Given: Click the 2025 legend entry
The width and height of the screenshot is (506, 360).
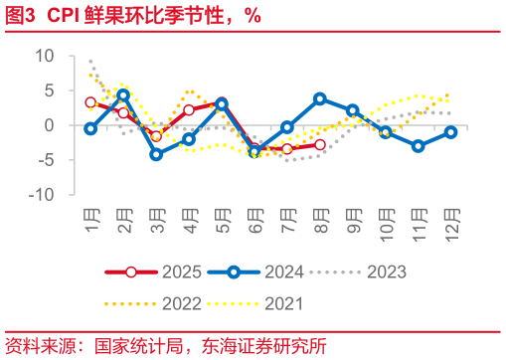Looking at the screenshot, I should tap(159, 270).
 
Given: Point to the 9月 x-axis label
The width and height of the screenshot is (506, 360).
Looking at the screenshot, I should tap(352, 217).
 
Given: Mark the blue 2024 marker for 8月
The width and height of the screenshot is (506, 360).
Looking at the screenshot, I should tap(319, 98).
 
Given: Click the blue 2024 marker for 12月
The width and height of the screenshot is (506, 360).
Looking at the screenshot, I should tap(450, 132).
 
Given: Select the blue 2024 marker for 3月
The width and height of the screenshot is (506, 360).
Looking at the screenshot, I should tap(156, 154).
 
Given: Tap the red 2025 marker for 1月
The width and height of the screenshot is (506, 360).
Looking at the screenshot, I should tap(90, 102).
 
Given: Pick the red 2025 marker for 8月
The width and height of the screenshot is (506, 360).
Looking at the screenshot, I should tap(319, 144).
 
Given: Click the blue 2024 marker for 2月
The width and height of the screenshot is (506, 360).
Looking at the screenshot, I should tap(123, 95).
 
